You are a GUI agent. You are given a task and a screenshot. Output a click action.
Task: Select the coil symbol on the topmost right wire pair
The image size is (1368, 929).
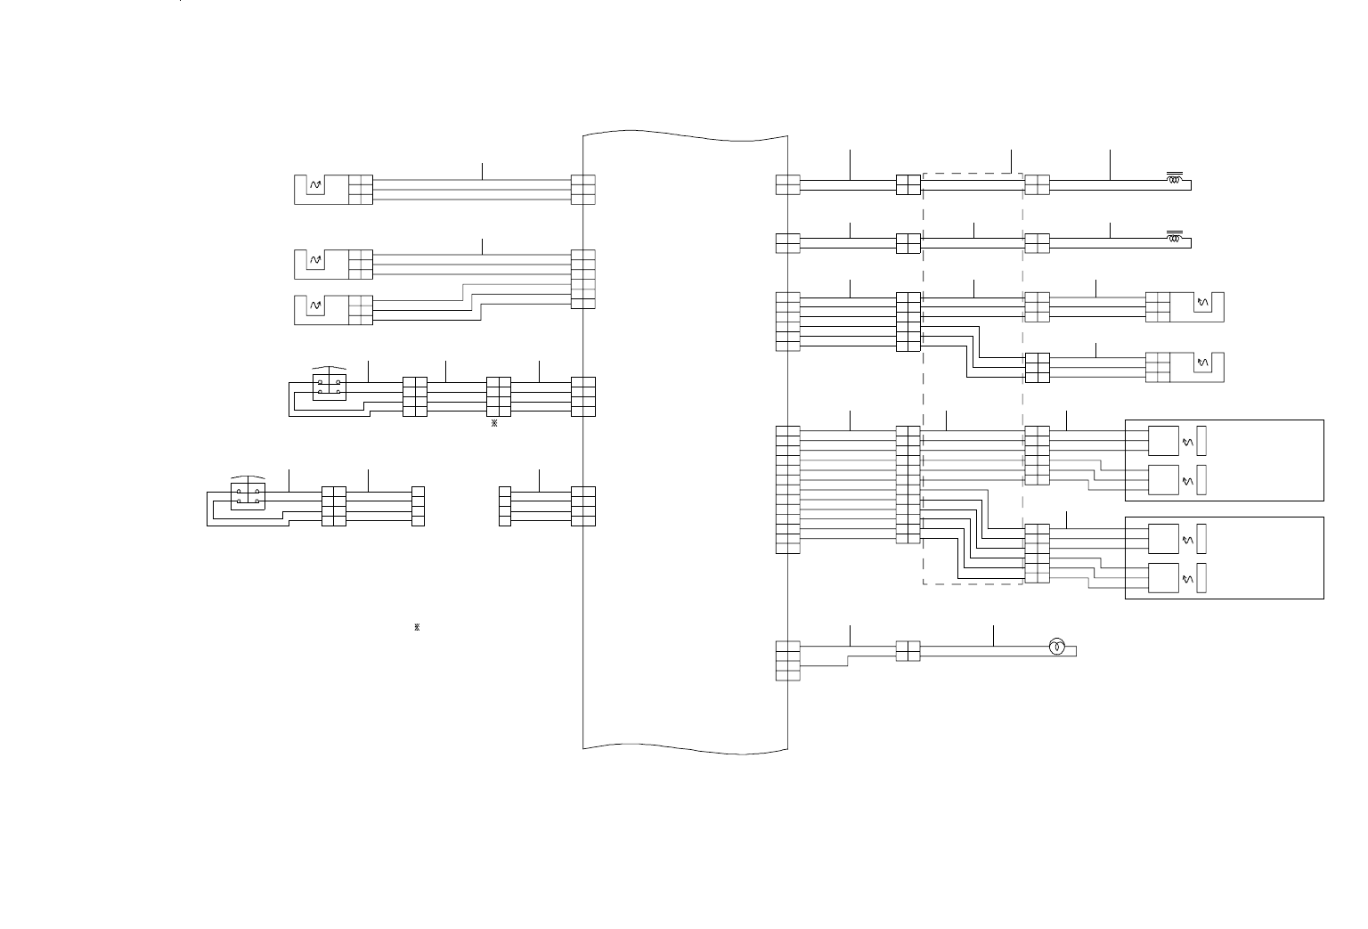pos(1175,181)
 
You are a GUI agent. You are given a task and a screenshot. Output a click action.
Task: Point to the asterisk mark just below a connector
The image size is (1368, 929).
pos(493,422)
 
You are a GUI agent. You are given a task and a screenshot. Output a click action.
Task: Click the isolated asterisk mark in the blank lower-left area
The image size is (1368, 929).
pos(417,628)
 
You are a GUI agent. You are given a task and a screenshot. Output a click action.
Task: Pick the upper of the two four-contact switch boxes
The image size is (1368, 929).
pos(329,387)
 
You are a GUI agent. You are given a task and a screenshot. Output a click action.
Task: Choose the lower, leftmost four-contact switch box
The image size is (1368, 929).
pos(248,495)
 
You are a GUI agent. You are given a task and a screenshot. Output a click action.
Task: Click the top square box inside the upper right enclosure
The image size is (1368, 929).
pos(1162,441)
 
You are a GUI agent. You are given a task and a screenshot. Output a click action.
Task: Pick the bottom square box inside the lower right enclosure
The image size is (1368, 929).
pos(1162,578)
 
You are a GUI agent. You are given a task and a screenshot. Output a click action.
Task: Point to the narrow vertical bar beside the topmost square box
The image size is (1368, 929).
pos(1202,441)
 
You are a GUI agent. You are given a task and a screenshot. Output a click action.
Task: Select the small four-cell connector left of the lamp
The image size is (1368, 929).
pos(908,651)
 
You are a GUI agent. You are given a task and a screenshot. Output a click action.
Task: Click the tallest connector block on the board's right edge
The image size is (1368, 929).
pos(787,490)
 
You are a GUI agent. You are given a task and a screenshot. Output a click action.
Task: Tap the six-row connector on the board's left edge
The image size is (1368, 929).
pos(583,280)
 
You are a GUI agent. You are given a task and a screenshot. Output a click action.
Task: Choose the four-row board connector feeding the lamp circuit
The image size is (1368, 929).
pos(787,660)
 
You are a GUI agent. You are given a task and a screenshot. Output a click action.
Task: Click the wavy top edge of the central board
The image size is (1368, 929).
pos(686,138)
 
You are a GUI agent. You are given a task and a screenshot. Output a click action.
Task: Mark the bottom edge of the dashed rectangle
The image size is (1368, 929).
pos(973,584)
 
